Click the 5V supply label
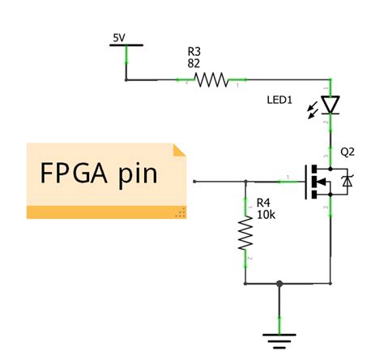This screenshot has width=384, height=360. (x=118, y=36)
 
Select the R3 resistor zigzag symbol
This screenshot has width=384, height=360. (x=211, y=79)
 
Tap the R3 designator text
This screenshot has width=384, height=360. (x=193, y=51)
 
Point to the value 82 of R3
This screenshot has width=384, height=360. (x=193, y=63)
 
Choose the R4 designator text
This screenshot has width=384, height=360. (x=263, y=204)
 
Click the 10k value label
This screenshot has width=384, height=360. (x=264, y=216)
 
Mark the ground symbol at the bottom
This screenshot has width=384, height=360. (x=279, y=339)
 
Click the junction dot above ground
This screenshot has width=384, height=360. (x=279, y=284)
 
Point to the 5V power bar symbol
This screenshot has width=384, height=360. (x=126, y=46)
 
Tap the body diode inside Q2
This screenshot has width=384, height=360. (x=348, y=182)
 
